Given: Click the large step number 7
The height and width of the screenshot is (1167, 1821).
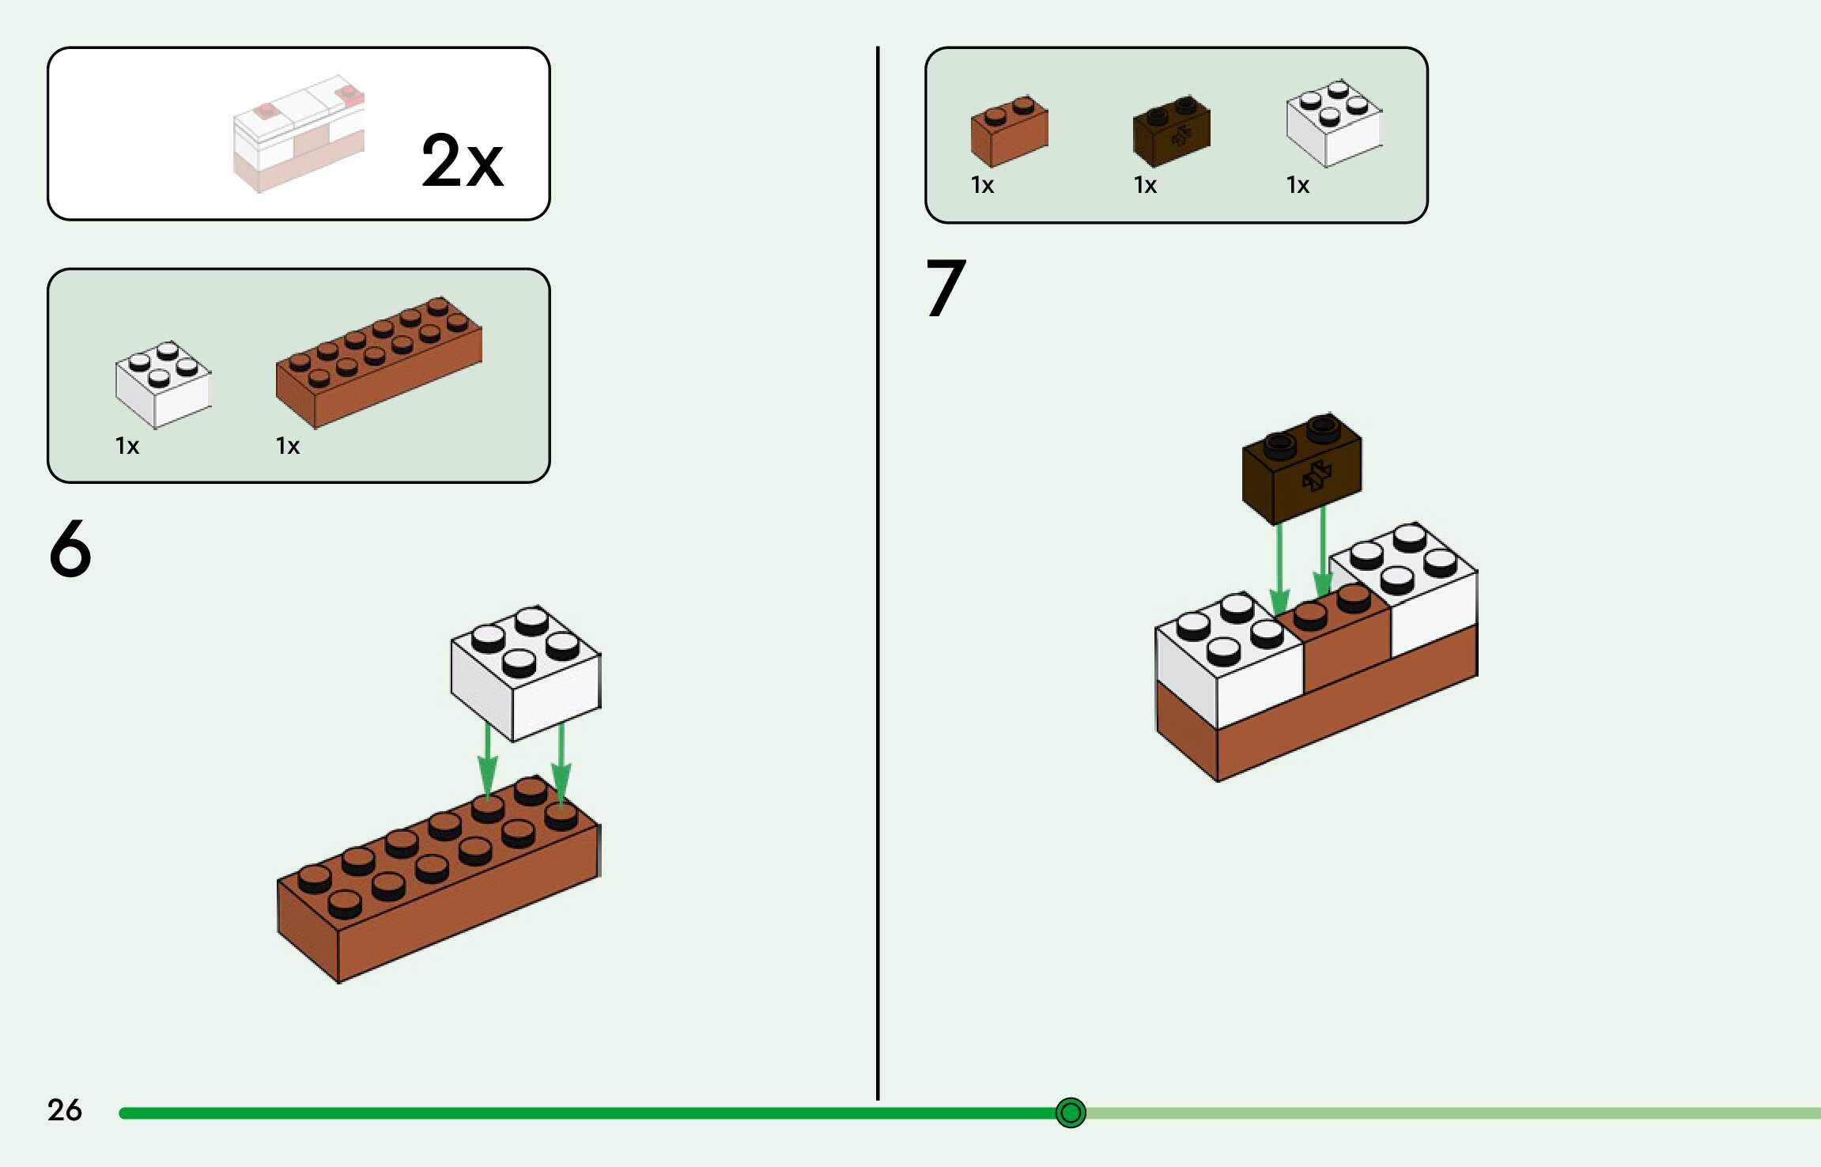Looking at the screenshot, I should [946, 288].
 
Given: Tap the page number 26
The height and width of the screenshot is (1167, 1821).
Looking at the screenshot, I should [64, 1109].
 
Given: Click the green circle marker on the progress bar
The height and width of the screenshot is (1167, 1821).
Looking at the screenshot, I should [1071, 1112].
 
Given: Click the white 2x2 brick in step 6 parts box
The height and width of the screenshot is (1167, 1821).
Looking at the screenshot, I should [163, 384].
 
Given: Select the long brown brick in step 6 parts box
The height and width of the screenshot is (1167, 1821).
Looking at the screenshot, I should [379, 362].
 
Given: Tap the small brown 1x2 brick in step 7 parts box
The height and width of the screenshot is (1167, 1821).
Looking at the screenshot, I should [1009, 131].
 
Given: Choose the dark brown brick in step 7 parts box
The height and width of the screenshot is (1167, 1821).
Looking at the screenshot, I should [1171, 131].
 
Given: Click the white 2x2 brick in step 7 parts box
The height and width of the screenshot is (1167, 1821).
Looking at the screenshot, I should [1334, 123].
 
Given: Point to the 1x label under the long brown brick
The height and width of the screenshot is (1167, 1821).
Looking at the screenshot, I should [288, 446].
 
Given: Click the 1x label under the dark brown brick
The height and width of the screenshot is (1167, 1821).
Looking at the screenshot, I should [1145, 185].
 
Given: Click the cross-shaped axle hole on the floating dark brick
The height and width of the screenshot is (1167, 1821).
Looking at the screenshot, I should [1317, 477].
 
